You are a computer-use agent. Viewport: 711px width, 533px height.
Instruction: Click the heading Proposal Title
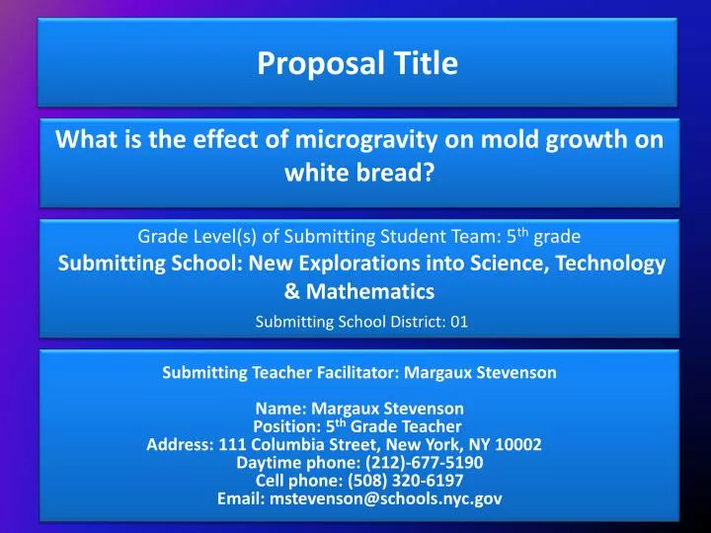click(357, 64)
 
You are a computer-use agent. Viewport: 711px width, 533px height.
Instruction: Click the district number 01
click(458, 321)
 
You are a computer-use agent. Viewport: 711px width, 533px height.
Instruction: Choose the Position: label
click(287, 426)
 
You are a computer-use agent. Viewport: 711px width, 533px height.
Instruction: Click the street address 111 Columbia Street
click(294, 444)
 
